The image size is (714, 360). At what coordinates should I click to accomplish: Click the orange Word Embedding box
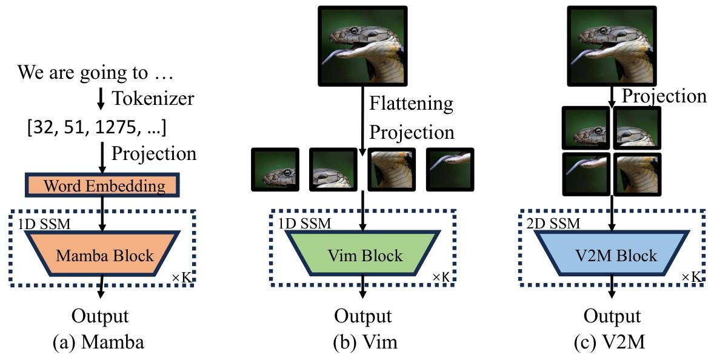pyautogui.click(x=101, y=185)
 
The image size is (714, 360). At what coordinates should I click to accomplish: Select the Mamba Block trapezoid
pyautogui.click(x=101, y=255)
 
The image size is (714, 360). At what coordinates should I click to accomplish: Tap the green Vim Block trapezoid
pyautogui.click(x=362, y=255)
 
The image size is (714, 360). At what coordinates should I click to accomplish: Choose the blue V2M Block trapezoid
pyautogui.click(x=612, y=255)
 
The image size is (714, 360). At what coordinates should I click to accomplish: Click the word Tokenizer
pyautogui.click(x=153, y=98)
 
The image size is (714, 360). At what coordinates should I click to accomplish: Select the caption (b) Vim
pyautogui.click(x=362, y=342)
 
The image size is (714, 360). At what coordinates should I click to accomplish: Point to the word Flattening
pyautogui.click(x=411, y=104)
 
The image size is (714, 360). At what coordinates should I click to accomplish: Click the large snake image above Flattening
pyautogui.click(x=362, y=45)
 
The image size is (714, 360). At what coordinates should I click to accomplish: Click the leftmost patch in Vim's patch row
pyautogui.click(x=273, y=169)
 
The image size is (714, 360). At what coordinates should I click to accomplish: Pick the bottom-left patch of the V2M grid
pyautogui.click(x=585, y=173)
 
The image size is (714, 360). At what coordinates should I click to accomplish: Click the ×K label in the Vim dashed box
pyautogui.click(x=442, y=277)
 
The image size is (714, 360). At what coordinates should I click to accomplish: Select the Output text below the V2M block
pyautogui.click(x=612, y=316)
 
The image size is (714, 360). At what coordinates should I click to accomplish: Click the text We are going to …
pyautogui.click(x=95, y=73)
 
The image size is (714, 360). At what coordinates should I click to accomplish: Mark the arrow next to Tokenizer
pyautogui.click(x=101, y=99)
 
